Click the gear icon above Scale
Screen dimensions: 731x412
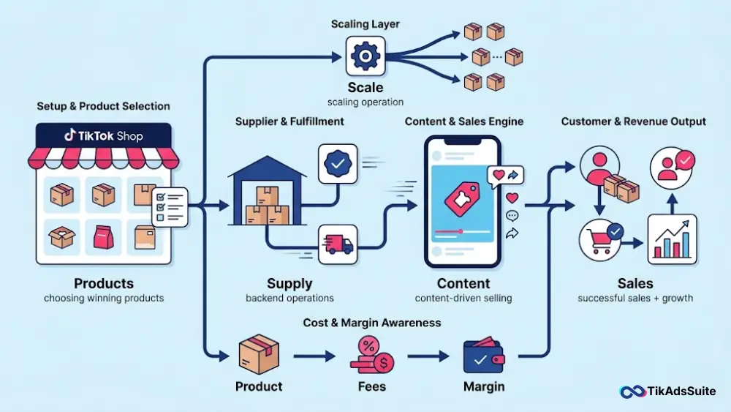(365, 56)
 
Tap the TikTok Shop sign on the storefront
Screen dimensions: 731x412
(104, 136)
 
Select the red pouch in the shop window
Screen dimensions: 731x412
(104, 236)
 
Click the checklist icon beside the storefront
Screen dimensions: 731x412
(170, 207)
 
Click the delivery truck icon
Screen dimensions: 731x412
(338, 244)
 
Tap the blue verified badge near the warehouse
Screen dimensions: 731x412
(338, 163)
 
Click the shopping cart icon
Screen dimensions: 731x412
(600, 240)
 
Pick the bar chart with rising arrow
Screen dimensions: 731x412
(672, 239)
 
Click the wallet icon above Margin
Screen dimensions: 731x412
(484, 356)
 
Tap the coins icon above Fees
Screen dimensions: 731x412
(372, 356)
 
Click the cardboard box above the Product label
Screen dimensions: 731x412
(259, 355)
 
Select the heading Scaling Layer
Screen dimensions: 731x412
(365, 24)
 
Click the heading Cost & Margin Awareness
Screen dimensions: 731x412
(371, 323)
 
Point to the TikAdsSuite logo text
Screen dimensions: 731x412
(681, 391)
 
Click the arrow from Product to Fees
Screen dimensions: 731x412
(314, 356)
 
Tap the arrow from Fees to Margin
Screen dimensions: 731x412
(428, 356)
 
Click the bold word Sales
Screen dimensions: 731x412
(635, 284)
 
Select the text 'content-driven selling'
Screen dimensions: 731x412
(463, 298)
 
